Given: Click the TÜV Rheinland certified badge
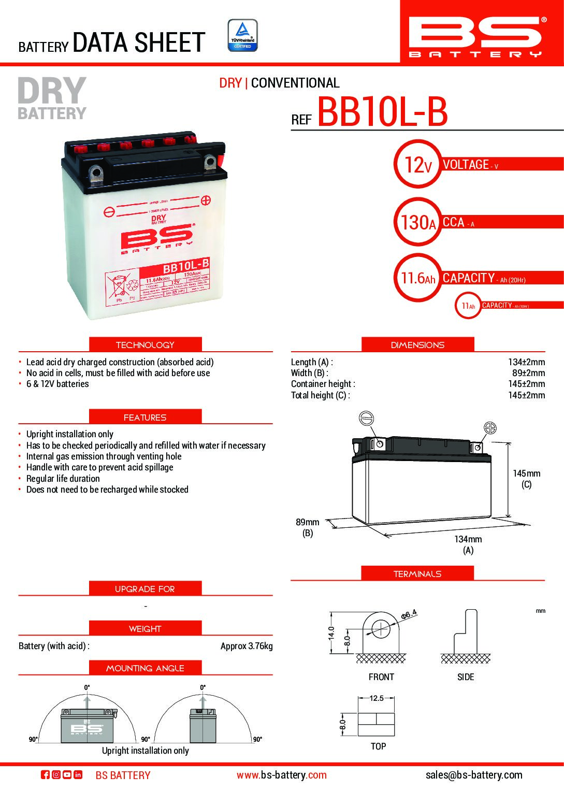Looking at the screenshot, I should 242,35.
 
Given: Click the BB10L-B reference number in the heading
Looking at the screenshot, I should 382,112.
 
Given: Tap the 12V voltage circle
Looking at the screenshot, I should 417,165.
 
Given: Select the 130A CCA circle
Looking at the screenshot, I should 417,222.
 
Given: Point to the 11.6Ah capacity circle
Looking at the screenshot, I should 417,278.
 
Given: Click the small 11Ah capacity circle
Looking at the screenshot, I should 468,306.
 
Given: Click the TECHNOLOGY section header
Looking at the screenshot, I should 145,345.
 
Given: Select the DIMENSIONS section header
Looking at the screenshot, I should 417,345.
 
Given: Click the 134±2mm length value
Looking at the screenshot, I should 526,362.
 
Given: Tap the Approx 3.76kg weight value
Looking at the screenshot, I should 247,646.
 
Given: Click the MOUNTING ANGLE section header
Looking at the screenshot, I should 145,668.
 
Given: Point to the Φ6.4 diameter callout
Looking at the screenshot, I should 409,615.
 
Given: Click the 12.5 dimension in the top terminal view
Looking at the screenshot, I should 377,698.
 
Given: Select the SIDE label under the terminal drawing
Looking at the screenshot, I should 466,677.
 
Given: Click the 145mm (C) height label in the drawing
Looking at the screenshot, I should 526,479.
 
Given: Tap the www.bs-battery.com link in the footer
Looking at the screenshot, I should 282,775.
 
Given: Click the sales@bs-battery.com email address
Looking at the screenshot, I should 474,775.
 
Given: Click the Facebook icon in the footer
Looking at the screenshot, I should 45,775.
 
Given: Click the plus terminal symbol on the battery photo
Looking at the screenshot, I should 206,199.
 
